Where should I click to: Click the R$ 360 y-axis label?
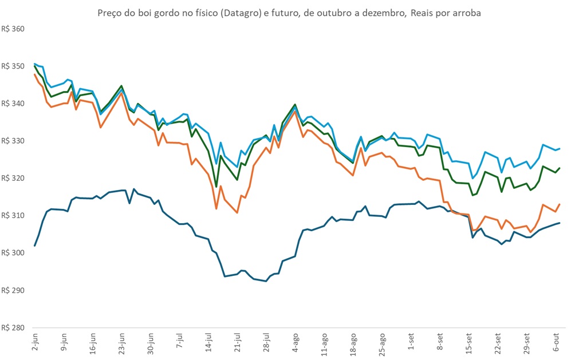tap(13, 29)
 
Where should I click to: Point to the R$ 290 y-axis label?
tap(13, 290)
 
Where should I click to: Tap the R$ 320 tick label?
tap(13, 178)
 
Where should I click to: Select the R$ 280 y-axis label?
tap(13, 327)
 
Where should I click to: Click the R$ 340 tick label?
tap(13, 104)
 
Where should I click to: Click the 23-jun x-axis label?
tap(121, 341)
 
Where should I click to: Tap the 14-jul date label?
tap(208, 341)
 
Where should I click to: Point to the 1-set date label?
tap(411, 342)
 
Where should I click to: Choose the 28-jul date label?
tap(266, 341)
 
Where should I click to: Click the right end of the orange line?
tap(560, 204)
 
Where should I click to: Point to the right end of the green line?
tap(560, 168)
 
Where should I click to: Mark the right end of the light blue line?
tap(560, 149)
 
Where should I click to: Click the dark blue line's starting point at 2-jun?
tap(35, 246)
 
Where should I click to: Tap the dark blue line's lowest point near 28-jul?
tap(266, 281)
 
